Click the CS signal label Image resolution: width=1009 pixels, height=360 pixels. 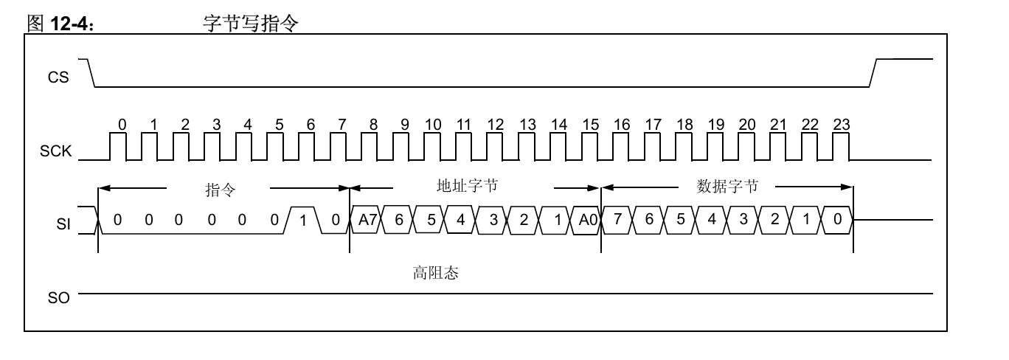58,77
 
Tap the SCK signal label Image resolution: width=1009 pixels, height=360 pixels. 55,151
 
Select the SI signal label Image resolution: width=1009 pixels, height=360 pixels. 63,224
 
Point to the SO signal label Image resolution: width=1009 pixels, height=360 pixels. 58,298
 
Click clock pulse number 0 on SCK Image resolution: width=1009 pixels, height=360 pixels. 118,146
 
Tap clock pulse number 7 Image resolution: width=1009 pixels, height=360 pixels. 339,146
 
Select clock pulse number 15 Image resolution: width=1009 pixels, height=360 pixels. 589,146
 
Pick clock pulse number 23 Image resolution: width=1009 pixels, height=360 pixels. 841,146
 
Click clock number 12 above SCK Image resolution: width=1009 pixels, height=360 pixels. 496,125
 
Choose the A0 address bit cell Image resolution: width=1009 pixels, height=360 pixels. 586,220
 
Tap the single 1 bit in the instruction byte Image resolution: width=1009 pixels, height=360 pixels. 303,221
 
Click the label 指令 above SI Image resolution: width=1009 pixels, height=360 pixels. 221,190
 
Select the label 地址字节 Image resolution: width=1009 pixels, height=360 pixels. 467,186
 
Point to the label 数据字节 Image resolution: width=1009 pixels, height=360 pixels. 727,186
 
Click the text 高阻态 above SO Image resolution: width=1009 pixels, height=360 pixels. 436,273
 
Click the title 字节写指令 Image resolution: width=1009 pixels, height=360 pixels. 251,23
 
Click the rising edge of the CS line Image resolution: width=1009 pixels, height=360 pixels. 873,72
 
